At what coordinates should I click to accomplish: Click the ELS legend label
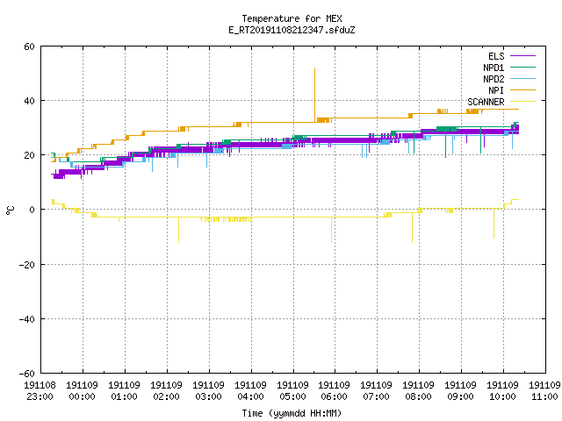496,56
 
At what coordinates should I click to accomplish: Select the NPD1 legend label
494,68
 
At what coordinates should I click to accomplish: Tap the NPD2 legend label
494,79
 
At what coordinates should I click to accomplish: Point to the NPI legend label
496,90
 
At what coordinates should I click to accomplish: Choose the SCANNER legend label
486,102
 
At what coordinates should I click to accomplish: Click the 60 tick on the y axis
29,46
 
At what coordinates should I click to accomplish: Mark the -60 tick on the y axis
27,374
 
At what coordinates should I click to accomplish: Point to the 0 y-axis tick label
32,210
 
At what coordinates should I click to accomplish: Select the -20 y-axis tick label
27,265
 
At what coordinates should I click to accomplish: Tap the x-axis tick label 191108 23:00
40,391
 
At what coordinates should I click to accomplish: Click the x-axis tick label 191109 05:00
292,391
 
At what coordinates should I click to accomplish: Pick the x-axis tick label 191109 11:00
544,391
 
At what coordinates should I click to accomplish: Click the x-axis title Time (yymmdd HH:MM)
292,413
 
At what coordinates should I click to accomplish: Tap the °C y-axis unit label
10,210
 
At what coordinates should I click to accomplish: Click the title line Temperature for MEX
292,18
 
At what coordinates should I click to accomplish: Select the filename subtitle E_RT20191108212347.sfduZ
292,30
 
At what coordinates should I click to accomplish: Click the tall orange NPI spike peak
314,69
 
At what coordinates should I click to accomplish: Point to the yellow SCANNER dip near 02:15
178,242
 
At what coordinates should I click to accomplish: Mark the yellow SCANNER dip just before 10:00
494,238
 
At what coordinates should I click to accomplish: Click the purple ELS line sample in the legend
522,56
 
